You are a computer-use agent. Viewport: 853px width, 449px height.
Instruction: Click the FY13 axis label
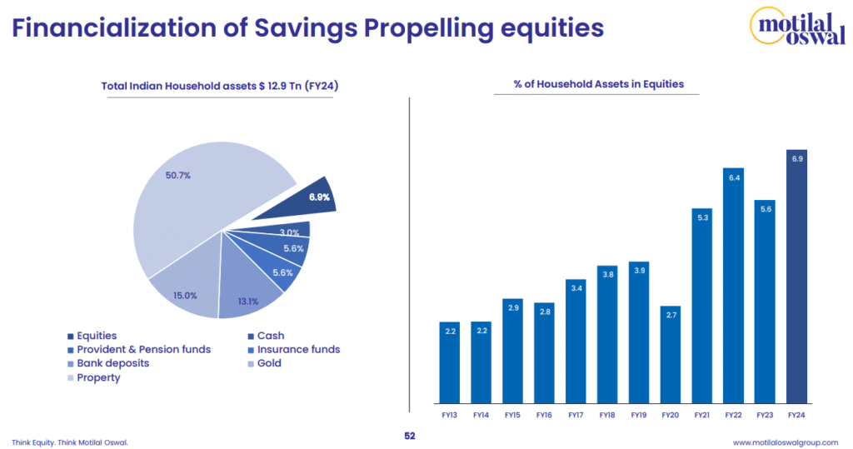tap(449, 414)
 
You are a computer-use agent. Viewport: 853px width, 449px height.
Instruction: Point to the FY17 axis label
tap(576, 414)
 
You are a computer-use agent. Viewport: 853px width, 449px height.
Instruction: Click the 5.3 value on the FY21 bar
tap(702, 217)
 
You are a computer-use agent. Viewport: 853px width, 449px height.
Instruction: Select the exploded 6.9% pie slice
tap(296, 201)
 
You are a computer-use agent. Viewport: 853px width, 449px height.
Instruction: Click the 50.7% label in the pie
tap(178, 176)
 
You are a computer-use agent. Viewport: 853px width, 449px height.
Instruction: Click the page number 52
tap(409, 436)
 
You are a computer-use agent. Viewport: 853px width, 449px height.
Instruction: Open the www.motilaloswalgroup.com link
tap(785, 442)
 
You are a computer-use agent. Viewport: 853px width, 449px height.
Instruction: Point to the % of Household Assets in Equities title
tap(599, 83)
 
